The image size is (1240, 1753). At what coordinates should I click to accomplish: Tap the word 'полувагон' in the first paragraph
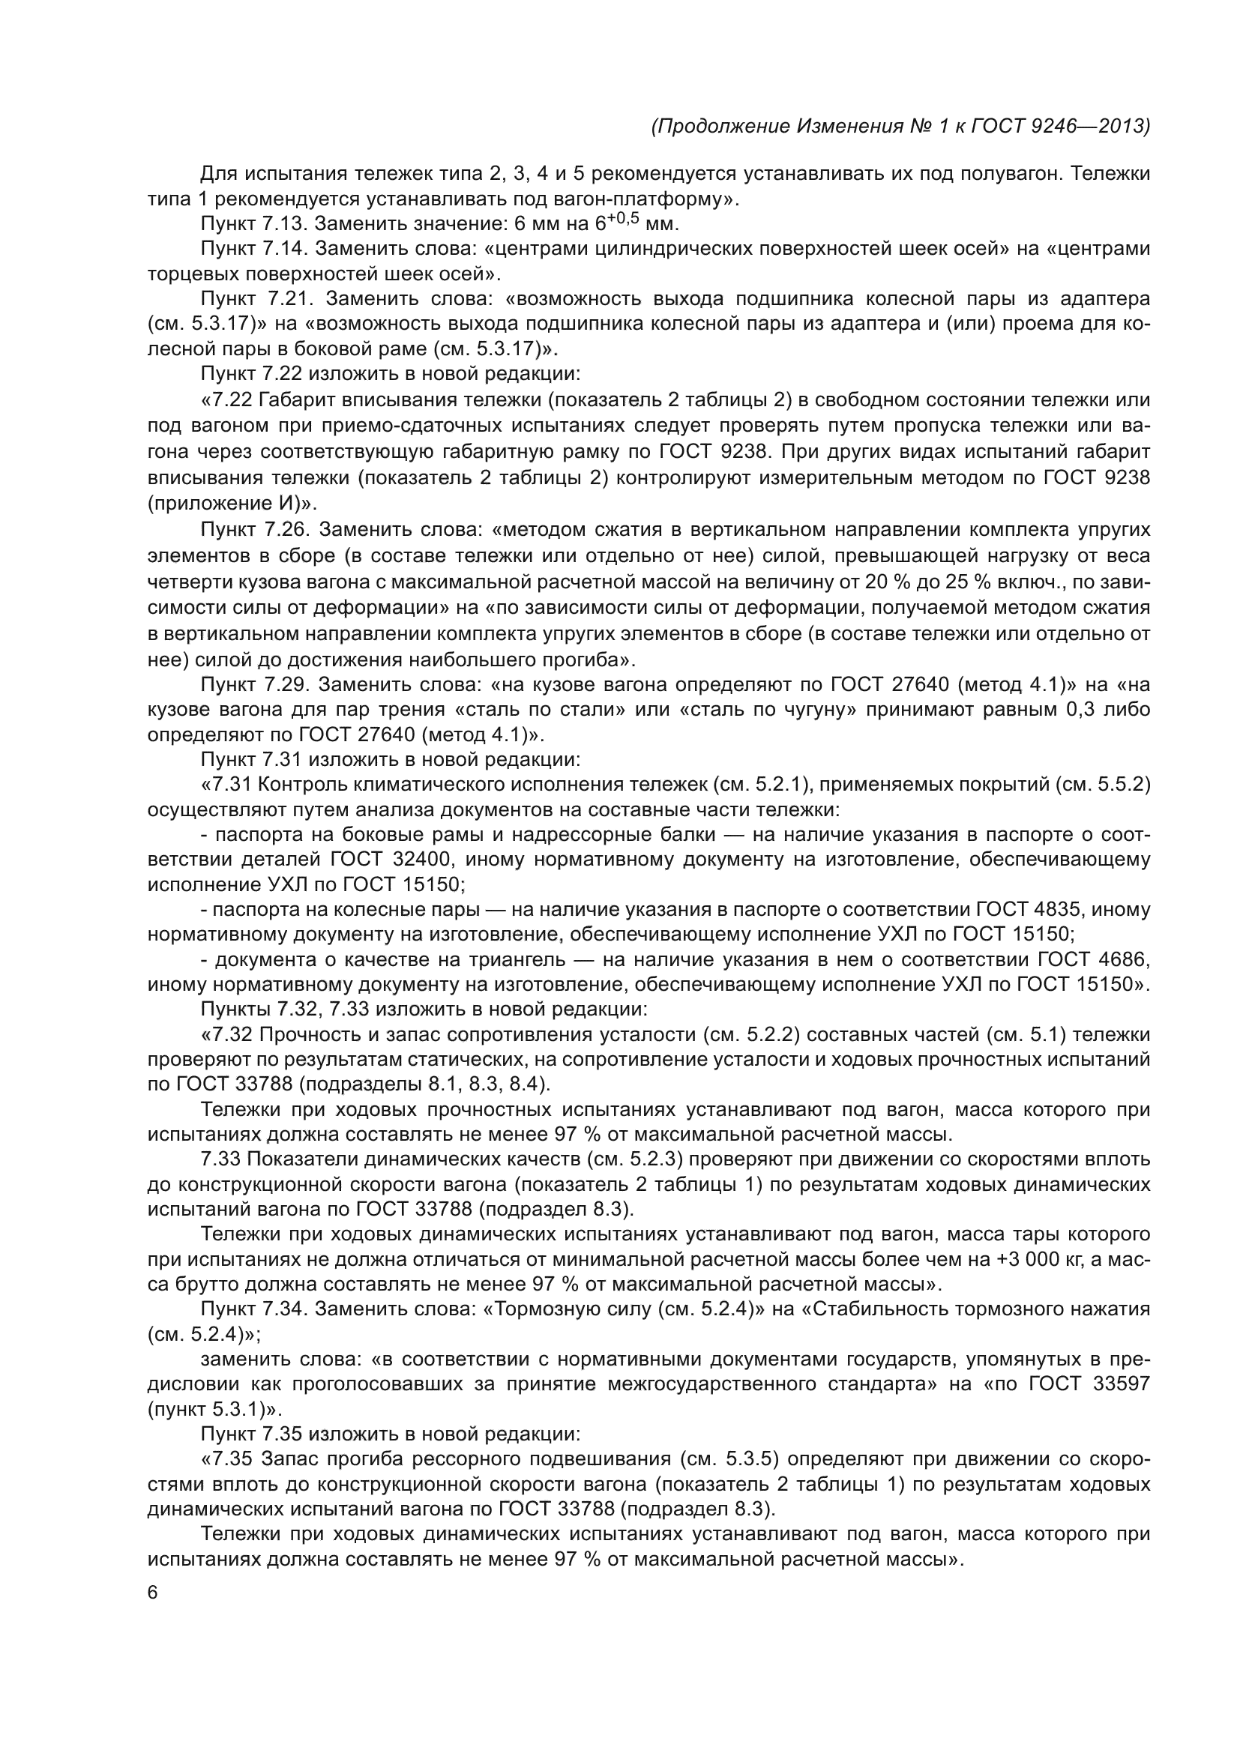(1015, 174)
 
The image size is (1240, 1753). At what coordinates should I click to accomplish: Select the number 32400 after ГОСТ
(420, 860)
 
